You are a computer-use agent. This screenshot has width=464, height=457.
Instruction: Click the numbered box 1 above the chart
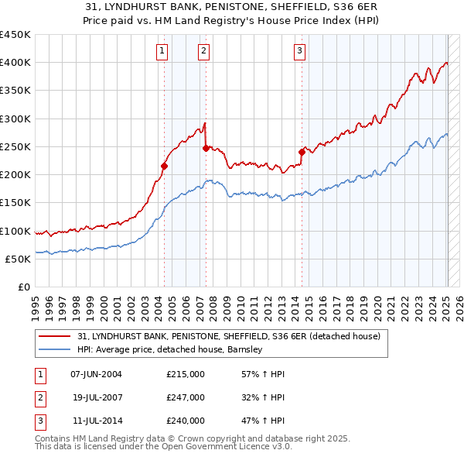click(162, 51)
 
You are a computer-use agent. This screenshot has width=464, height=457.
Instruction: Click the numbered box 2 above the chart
click(203, 51)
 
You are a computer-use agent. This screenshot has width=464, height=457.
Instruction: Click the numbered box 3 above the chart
click(299, 51)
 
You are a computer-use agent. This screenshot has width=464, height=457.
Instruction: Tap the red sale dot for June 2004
click(164, 166)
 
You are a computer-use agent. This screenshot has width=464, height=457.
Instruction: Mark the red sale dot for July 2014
click(302, 152)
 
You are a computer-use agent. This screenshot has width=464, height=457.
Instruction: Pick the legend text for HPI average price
click(171, 350)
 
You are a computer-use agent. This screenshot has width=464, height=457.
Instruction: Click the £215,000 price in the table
click(186, 374)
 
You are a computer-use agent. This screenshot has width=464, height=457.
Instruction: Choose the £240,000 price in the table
click(186, 421)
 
